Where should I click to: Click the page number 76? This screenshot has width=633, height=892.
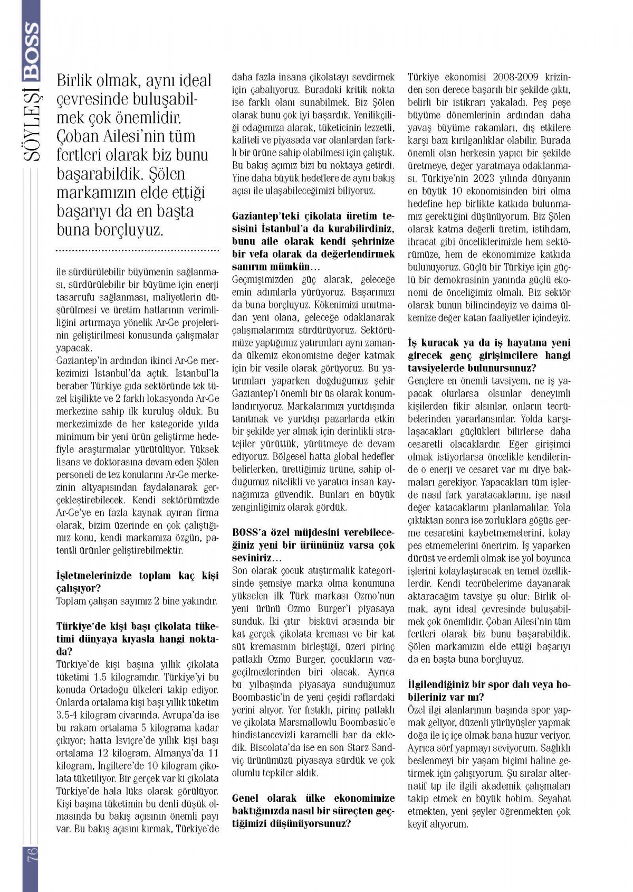click(x=31, y=853)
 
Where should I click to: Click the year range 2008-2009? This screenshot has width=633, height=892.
click(x=516, y=77)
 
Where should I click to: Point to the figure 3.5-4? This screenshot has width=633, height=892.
click(x=71, y=715)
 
